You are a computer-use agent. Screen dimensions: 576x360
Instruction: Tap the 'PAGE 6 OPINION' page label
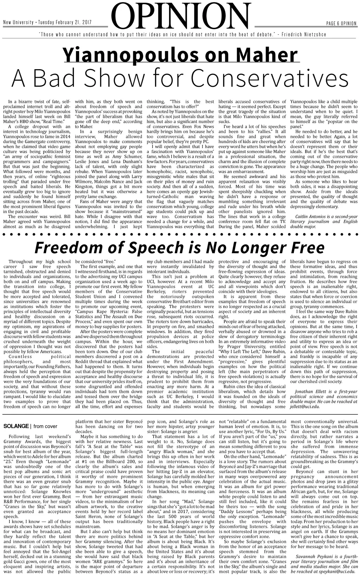(x=341, y=23)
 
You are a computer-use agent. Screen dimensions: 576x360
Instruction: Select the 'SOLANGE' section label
(x=16, y=426)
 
